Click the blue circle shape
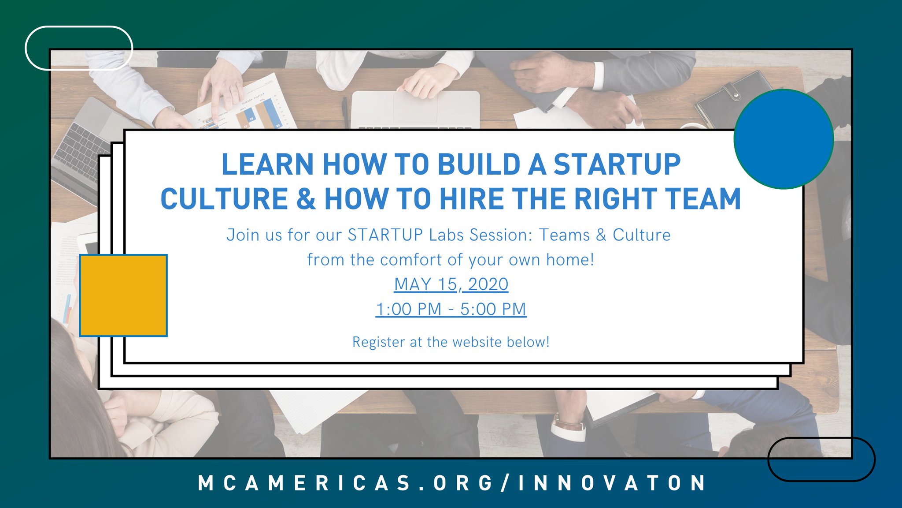(x=784, y=139)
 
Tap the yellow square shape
(x=123, y=295)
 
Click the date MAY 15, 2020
(x=451, y=284)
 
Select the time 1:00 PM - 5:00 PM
(x=451, y=309)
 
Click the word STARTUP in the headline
(x=617, y=164)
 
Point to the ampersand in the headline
(x=306, y=199)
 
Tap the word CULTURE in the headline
(x=224, y=199)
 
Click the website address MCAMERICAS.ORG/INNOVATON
(x=451, y=483)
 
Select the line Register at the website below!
(x=451, y=342)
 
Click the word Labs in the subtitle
(x=447, y=235)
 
